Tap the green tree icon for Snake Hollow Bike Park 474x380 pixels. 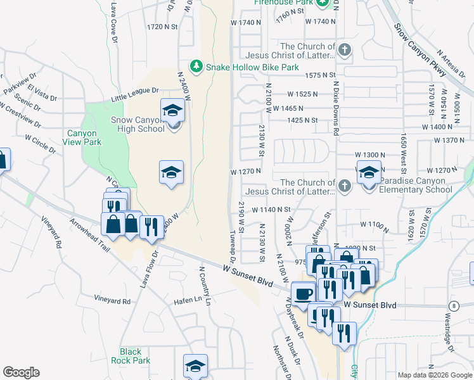(x=196, y=66)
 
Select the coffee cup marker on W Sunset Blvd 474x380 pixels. (x=304, y=293)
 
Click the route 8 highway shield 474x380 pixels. (x=454, y=306)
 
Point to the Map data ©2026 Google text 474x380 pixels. (x=433, y=375)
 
